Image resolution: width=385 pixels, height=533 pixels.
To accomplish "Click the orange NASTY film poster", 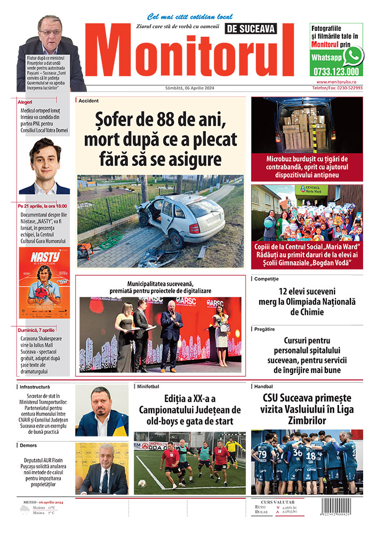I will coord(44,283).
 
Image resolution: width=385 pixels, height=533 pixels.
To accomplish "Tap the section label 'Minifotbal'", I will coord(148,386).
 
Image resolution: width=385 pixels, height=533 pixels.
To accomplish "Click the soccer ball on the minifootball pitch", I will coord(142,483).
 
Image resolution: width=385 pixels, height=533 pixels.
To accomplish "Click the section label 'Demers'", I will coord(28,445).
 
